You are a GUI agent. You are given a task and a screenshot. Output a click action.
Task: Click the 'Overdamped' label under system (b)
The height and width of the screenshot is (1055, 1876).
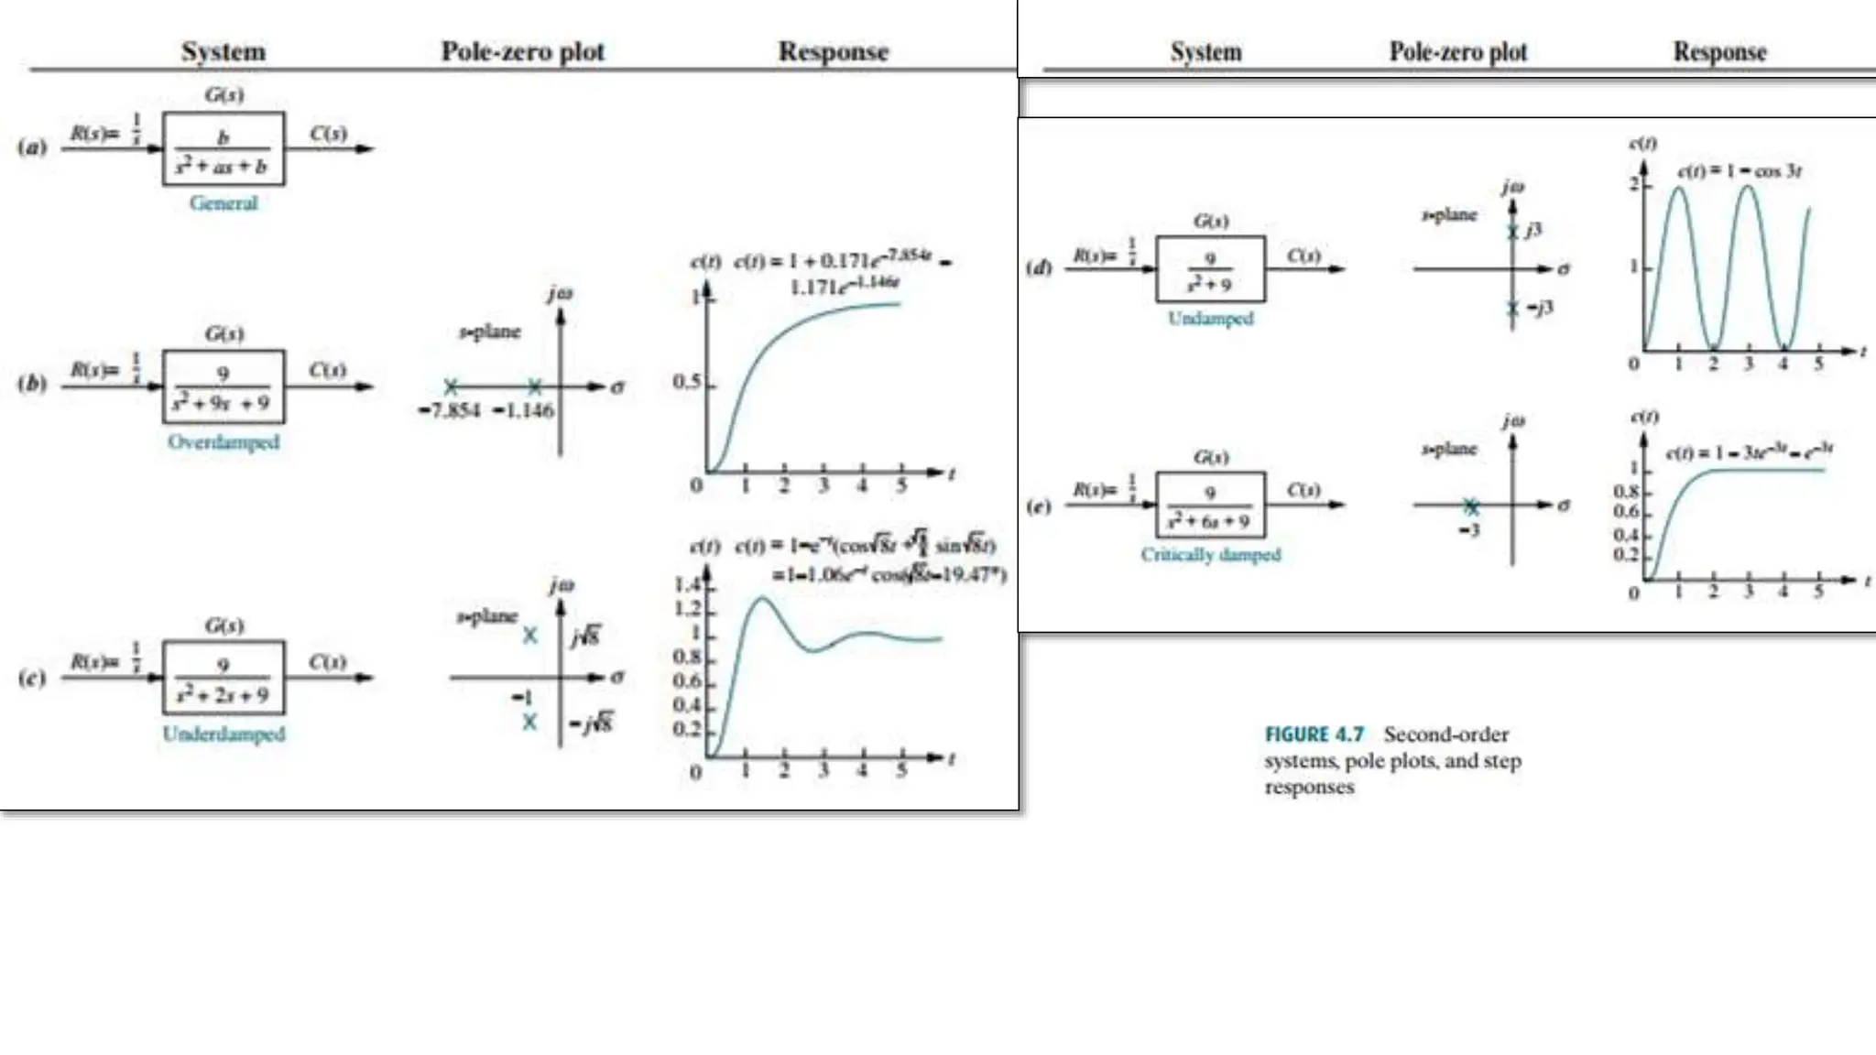(224, 441)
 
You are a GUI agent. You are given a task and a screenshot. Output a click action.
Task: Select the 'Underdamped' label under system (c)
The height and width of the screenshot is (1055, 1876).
(224, 734)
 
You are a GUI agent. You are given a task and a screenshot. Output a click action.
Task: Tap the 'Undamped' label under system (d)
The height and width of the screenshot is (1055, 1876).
(1210, 318)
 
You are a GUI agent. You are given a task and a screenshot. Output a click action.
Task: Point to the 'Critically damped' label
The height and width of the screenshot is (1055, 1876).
(1210, 554)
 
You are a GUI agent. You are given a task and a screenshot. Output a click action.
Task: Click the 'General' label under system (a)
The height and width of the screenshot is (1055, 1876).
(224, 202)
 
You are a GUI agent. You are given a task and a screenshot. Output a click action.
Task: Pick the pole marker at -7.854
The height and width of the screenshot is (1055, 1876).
(451, 386)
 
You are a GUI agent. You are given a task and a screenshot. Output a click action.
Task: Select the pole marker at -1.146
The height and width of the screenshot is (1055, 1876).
(535, 386)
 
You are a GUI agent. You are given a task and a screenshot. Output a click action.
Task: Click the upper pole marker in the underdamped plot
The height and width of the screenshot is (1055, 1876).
(529, 636)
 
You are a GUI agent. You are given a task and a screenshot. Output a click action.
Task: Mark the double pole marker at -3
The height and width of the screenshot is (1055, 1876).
(1471, 506)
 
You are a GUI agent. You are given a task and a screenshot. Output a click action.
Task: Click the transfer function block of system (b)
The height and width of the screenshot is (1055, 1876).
(224, 387)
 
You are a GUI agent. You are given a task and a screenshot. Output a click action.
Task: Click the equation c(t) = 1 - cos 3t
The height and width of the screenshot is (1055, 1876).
(1740, 171)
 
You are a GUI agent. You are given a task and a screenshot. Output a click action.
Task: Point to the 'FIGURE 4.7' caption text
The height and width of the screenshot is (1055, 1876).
(1314, 734)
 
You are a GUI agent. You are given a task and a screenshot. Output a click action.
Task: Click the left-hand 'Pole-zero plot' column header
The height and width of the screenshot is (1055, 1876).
(523, 51)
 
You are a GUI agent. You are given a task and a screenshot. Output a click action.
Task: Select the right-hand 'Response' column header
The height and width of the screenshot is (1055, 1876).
(1719, 51)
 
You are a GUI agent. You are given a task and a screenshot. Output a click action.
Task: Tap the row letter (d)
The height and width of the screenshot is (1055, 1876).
(1039, 268)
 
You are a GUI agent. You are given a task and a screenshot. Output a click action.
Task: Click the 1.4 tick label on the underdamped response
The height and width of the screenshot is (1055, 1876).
(687, 585)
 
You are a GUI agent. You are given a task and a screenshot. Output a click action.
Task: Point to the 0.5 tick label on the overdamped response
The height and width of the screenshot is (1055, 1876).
(686, 381)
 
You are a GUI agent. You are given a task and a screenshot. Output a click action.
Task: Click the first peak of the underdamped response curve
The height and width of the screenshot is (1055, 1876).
(761, 599)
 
